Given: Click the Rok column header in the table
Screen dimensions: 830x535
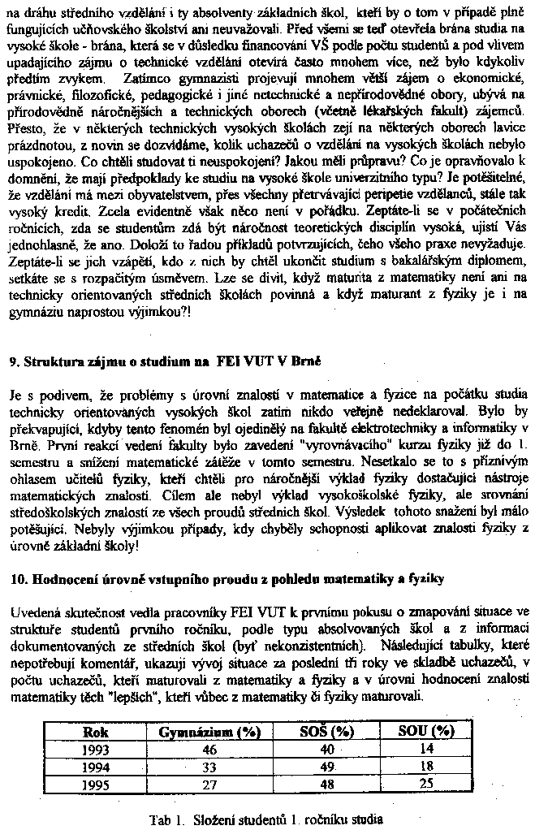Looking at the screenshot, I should click(x=95, y=731).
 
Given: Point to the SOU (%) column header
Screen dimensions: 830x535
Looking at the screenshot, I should click(x=425, y=731).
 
